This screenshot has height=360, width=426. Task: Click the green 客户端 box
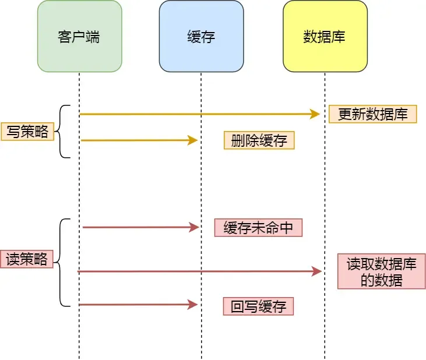pyautogui.click(x=79, y=36)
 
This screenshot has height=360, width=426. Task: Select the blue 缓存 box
pyautogui.click(x=201, y=36)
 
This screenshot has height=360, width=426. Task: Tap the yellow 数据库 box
pyautogui.click(x=325, y=36)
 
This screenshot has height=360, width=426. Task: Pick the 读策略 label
pyautogui.click(x=27, y=259)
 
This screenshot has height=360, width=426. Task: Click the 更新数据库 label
pyautogui.click(x=372, y=114)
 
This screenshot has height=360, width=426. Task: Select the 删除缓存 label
pyautogui.click(x=259, y=140)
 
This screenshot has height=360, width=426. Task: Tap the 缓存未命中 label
pyautogui.click(x=258, y=228)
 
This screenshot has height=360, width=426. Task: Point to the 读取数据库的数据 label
pyautogui.click(x=381, y=271)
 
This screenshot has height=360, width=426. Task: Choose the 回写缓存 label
pyautogui.click(x=258, y=306)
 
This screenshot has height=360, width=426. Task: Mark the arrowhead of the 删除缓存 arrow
pyautogui.click(x=193, y=140)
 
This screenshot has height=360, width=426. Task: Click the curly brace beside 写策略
pyautogui.click(x=63, y=132)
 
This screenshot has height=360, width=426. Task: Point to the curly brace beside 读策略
pyautogui.click(x=63, y=262)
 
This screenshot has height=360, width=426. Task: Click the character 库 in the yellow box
pyautogui.click(x=339, y=37)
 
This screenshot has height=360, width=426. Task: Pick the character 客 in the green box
pyautogui.click(x=65, y=37)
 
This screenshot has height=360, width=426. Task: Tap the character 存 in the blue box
pyautogui.click(x=208, y=37)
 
